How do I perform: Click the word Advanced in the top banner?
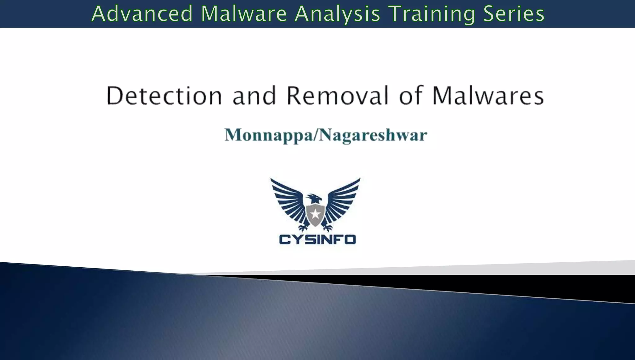pyautogui.click(x=142, y=14)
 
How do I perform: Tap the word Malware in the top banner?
pyautogui.click(x=244, y=14)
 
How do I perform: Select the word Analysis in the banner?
pyautogui.click(x=337, y=14)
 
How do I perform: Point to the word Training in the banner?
pyautogui.click(x=431, y=14)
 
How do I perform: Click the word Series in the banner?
pyautogui.click(x=514, y=14)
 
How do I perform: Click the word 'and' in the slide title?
pyautogui.click(x=254, y=96)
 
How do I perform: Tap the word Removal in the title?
pyautogui.click(x=337, y=96)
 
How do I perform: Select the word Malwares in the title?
pyautogui.click(x=488, y=96)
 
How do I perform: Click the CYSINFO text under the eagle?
pyautogui.click(x=317, y=239)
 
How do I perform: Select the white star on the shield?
pyautogui.click(x=315, y=214)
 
